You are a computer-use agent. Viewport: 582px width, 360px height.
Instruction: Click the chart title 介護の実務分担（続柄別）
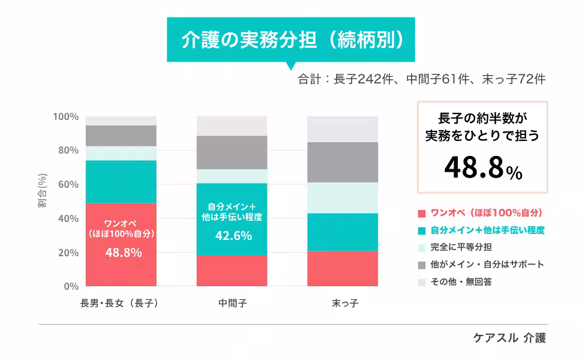pos(292,40)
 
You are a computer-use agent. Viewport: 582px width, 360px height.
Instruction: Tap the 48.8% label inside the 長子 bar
pos(124,253)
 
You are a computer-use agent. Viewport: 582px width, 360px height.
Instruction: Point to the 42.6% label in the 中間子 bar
pos(233,236)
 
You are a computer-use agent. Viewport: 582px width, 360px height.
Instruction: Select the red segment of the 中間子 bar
pos(232,271)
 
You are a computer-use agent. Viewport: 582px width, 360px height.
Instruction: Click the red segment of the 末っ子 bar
pos(343,269)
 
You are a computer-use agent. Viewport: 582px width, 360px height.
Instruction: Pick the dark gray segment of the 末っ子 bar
pos(343,162)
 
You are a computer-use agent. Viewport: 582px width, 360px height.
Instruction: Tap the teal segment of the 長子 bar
pos(121,182)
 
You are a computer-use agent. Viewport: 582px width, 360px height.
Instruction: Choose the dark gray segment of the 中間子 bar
pos(232,152)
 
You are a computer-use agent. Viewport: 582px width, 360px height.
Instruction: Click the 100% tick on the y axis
pos(65,117)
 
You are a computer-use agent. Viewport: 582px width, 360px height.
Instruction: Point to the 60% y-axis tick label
pos(68,184)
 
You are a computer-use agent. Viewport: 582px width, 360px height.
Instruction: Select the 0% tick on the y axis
pos(71,287)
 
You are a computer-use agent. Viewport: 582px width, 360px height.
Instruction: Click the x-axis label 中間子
pos(233,303)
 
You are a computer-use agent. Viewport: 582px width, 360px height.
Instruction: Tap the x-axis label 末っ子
pos(345,303)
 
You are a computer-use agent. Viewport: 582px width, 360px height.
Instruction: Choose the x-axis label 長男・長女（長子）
pos(119,303)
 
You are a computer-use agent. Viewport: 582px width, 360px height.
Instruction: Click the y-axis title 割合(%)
pos(43,191)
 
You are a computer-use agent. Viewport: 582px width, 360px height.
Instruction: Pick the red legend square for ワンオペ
pos(422,214)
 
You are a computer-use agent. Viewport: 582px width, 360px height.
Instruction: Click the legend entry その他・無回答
pos(461,281)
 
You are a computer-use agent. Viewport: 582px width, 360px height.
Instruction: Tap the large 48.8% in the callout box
pos(483,168)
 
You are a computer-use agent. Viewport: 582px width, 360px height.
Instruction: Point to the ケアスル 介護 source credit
pos(509,338)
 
